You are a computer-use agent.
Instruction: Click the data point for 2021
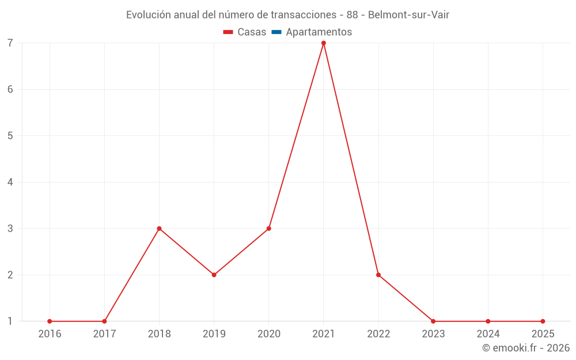[324, 43]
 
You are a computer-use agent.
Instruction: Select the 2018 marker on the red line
[159, 229]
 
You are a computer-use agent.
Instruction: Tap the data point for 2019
[214, 275]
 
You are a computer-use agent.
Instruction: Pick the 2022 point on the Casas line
[378, 275]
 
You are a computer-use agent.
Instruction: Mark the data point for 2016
[50, 321]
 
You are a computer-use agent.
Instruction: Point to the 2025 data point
[543, 321]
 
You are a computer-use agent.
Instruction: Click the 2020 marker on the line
[269, 229]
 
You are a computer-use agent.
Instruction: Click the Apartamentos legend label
[319, 32]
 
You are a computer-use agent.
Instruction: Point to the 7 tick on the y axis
[10, 43]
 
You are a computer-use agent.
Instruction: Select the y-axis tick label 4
[10, 182]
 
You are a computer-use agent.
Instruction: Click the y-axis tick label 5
[10, 136]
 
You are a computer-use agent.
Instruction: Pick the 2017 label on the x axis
[104, 334]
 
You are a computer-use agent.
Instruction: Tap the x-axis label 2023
[433, 334]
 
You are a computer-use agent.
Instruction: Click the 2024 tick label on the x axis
[488, 334]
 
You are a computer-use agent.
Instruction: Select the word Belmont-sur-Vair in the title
[408, 15]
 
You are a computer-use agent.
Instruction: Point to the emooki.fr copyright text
[526, 348]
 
